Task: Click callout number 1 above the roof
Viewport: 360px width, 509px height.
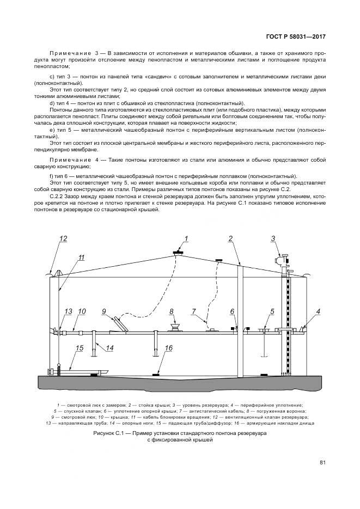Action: pos(186,238)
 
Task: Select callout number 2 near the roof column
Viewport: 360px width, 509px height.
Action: pos(230,238)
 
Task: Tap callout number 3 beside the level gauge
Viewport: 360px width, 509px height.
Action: pos(273,238)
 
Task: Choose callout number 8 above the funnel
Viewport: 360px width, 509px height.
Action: pos(172,311)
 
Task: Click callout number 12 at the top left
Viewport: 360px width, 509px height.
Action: pos(63,238)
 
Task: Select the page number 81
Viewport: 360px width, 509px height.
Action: pos(322,463)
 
